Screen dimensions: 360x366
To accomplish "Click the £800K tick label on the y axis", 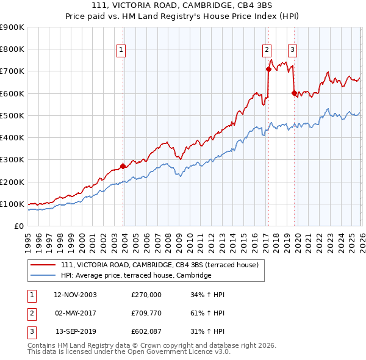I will (x=12, y=49).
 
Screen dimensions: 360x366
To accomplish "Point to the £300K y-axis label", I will (x=12, y=160).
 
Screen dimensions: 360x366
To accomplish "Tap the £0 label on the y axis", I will (x=18, y=226).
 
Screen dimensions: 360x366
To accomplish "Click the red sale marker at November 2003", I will (x=123, y=166).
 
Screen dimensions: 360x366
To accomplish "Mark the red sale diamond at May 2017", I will (x=268, y=69).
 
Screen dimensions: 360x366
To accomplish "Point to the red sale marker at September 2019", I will (x=293, y=93).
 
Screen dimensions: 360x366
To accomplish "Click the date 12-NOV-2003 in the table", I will (x=75, y=295).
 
